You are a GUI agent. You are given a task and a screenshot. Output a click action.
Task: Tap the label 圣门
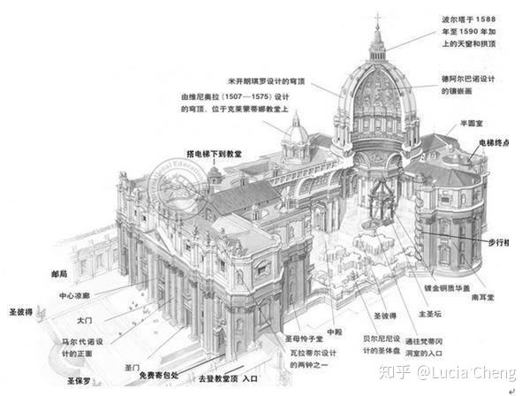[x=132, y=367]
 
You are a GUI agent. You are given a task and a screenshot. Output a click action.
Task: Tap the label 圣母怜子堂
[x=302, y=339]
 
